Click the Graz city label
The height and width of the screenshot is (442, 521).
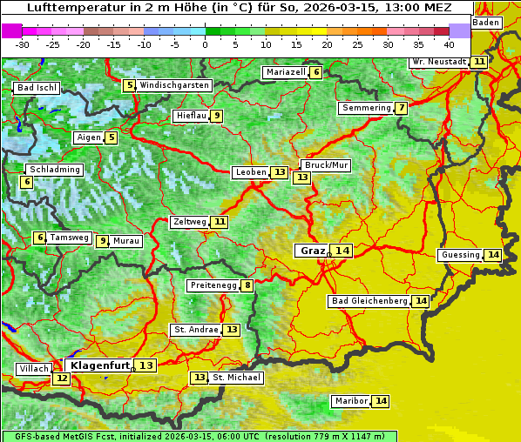(x=311, y=251)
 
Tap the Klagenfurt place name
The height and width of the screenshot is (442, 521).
(x=100, y=365)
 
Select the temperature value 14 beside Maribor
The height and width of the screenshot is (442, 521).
(x=381, y=401)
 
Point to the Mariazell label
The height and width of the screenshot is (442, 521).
(x=286, y=72)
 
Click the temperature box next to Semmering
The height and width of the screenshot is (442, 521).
(x=401, y=108)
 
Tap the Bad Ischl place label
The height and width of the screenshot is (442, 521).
(x=37, y=88)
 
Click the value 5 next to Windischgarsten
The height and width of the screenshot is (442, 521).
(x=129, y=85)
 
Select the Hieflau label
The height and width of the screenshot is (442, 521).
(x=190, y=116)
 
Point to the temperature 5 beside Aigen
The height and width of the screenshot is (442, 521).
(x=111, y=137)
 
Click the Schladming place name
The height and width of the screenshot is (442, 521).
(x=54, y=170)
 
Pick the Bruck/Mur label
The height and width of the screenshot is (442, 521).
(x=326, y=165)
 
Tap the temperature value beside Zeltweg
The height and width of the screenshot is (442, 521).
(x=220, y=222)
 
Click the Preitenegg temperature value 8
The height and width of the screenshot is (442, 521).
(x=247, y=285)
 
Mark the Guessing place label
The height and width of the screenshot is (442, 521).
(x=460, y=255)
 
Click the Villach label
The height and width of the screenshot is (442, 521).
(x=33, y=369)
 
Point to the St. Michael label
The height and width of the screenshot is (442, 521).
(x=236, y=378)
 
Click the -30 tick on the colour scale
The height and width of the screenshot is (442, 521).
(x=23, y=44)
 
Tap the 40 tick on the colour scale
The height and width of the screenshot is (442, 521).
(x=449, y=44)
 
